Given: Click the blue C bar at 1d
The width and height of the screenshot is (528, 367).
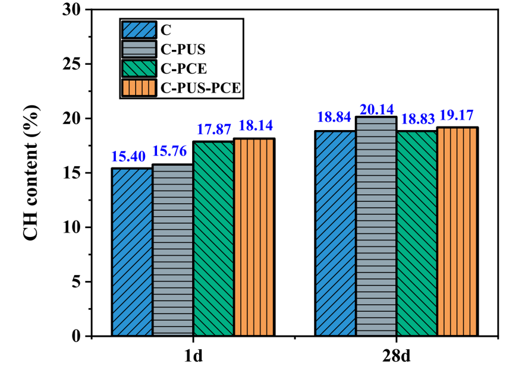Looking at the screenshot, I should [x=131, y=252].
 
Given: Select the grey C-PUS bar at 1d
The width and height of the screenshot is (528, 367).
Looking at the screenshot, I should [x=172, y=250].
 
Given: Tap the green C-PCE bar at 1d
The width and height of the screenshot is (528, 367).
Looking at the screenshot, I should [x=213, y=239].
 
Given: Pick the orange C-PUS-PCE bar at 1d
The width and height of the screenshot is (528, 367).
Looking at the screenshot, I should [x=254, y=237].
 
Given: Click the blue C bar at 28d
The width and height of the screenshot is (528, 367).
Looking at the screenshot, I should [x=335, y=233].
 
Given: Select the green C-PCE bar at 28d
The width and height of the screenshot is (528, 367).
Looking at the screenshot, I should [x=417, y=233].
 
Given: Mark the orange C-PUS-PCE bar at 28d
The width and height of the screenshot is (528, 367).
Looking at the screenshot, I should [x=457, y=232].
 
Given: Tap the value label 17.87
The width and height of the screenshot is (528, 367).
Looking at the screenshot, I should [x=213, y=130].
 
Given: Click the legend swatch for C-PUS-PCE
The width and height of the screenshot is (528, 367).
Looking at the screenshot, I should [x=139, y=88].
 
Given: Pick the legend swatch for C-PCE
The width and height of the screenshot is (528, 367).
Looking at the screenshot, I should [x=139, y=69].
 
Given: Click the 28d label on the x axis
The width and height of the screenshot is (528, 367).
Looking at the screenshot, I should [x=397, y=356].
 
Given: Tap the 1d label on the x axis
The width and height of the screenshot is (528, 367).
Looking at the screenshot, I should [x=193, y=356].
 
